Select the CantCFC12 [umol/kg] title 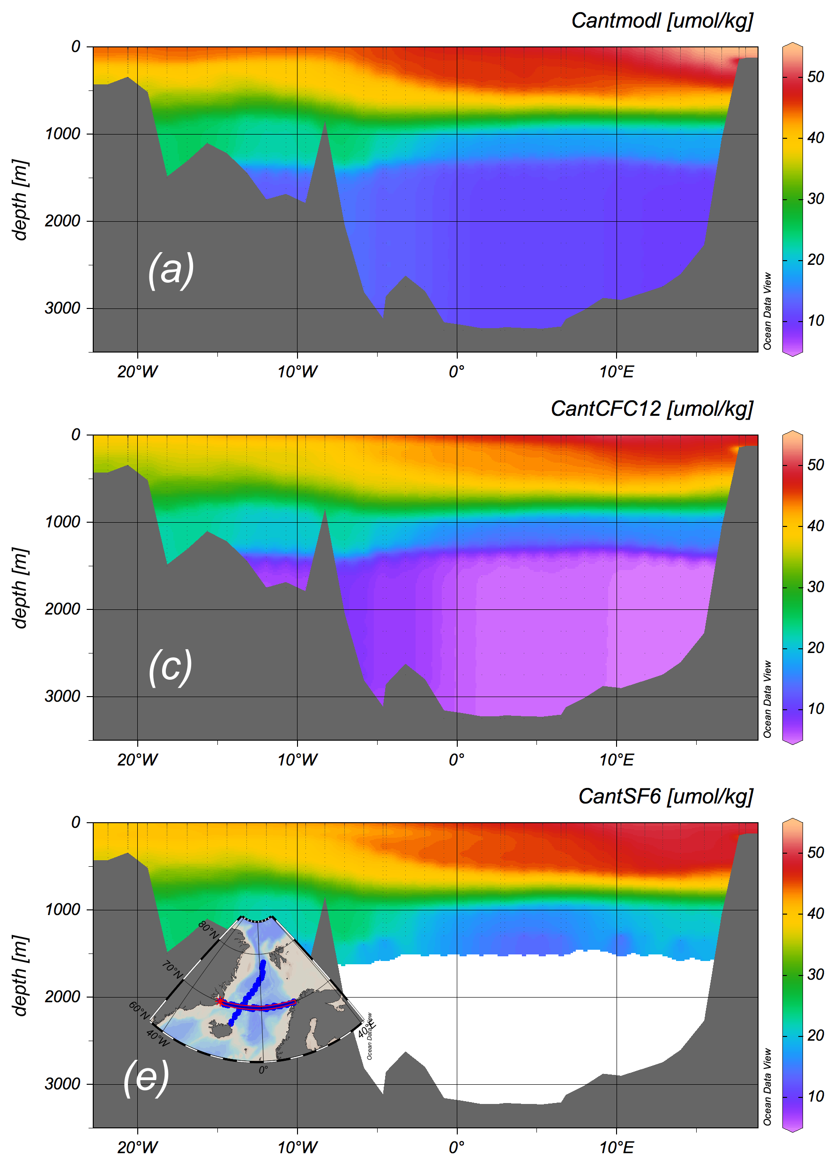point(652,409)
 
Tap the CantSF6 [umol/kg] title point(665,796)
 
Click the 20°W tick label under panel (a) point(138,372)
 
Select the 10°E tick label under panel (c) point(617,760)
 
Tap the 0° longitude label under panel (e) point(456,1148)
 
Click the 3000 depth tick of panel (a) point(63,308)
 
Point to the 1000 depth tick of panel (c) point(63,522)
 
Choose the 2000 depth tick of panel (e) point(63,997)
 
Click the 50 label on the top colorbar point(816,77)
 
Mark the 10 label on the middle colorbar point(816,709)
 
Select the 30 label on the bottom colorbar point(816,975)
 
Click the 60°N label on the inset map point(139,1010)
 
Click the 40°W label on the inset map point(157,1038)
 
